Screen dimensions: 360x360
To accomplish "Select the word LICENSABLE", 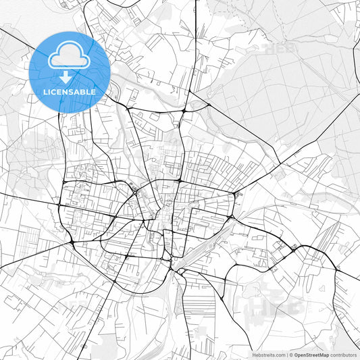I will tap(70, 91).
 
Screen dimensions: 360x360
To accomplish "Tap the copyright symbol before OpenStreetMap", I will tap(290, 355).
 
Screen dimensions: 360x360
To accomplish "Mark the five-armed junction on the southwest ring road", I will tap(70, 242).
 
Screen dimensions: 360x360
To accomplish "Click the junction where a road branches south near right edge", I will tap(336, 269).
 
